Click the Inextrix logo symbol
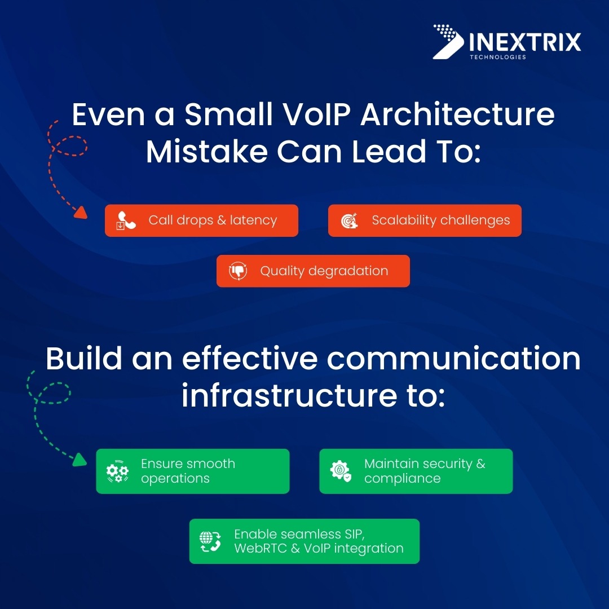(x=449, y=41)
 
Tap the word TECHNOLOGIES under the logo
(x=497, y=57)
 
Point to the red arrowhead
(x=81, y=213)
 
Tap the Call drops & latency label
(x=213, y=220)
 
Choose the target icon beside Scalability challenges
(x=350, y=221)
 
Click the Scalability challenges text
(x=440, y=220)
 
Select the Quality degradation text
(x=324, y=271)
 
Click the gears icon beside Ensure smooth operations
(x=117, y=471)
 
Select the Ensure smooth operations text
(x=188, y=471)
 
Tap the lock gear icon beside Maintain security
(x=341, y=471)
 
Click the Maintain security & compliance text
(x=424, y=471)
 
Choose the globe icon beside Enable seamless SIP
(x=210, y=541)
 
